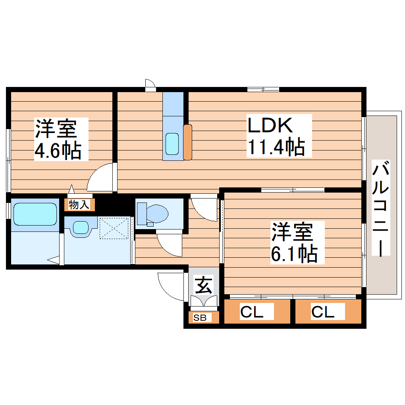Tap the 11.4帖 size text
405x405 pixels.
(x=276, y=147)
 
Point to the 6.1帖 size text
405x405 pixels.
(x=294, y=253)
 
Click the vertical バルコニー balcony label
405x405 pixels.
(x=381, y=208)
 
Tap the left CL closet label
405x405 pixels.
(x=251, y=312)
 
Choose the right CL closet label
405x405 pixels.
(x=322, y=312)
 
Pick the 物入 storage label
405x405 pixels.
(x=79, y=205)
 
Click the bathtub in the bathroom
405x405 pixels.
(x=35, y=214)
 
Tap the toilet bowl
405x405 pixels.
(x=157, y=214)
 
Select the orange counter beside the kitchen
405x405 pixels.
(x=187, y=142)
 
